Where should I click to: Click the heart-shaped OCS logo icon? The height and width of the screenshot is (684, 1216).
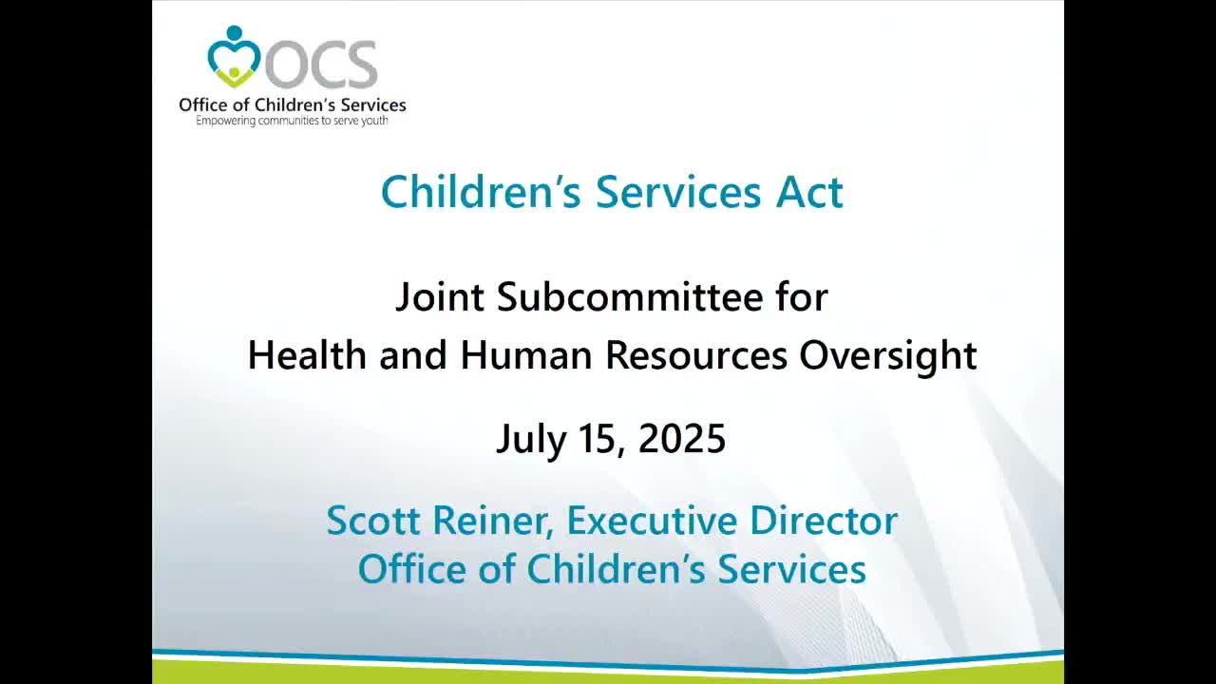click(x=234, y=57)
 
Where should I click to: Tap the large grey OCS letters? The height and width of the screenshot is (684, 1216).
click(x=321, y=65)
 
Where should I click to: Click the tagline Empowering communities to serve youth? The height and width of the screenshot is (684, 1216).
click(x=292, y=121)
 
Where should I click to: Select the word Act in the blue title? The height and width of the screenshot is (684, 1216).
click(x=808, y=192)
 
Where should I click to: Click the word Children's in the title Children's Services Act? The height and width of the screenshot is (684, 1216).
click(x=481, y=192)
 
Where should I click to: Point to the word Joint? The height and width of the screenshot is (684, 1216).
click(x=440, y=297)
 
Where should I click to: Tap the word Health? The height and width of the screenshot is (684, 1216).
click(x=307, y=355)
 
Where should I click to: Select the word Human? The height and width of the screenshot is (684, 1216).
click(x=526, y=355)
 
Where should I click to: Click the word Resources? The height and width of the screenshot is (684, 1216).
click(x=696, y=355)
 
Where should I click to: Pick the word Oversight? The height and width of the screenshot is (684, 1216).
click(x=888, y=356)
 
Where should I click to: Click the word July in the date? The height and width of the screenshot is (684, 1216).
click(x=531, y=439)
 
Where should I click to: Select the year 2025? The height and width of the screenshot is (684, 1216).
click(x=682, y=439)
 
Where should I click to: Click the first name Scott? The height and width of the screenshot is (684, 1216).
click(x=373, y=520)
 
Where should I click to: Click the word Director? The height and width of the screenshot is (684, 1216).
click(x=824, y=520)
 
